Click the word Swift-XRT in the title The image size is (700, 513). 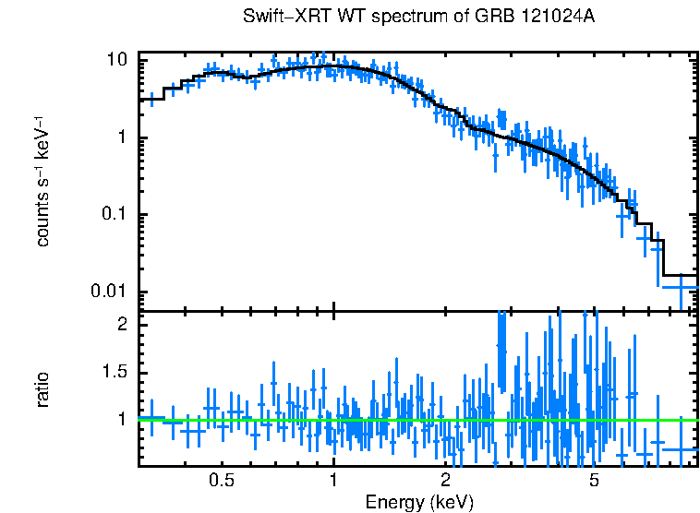pyautogui.click(x=281, y=18)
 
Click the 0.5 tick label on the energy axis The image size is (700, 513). pyautogui.click(x=222, y=481)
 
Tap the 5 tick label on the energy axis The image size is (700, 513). pyautogui.click(x=594, y=481)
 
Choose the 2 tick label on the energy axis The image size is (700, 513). pyautogui.click(x=445, y=481)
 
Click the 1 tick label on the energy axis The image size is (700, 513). pyautogui.click(x=333, y=481)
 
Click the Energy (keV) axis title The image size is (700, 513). pyautogui.click(x=419, y=502)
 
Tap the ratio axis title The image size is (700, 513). pyautogui.click(x=42, y=388)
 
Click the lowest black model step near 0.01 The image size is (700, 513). pyautogui.click(x=681, y=275)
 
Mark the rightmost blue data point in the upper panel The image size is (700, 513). pyautogui.click(x=681, y=287)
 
